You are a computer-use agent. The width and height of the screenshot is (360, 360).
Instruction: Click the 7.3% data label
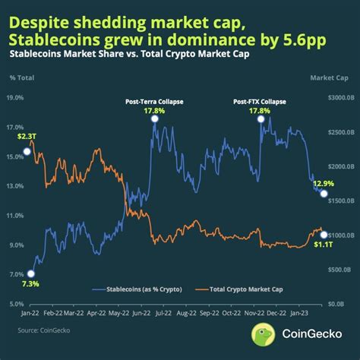(x=30, y=283)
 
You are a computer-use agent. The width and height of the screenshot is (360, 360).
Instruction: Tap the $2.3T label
(x=27, y=136)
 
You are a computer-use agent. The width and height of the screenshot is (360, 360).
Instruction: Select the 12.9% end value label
(x=324, y=183)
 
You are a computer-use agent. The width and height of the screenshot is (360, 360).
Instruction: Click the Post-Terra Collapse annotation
(x=155, y=102)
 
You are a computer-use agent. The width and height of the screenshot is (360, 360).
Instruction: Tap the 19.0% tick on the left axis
(x=16, y=97)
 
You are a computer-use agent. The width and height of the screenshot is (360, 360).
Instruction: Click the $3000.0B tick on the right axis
(x=331, y=97)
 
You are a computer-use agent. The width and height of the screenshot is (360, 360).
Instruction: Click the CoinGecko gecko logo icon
(x=264, y=335)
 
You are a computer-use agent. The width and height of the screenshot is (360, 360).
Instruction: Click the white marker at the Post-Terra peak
(x=155, y=119)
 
